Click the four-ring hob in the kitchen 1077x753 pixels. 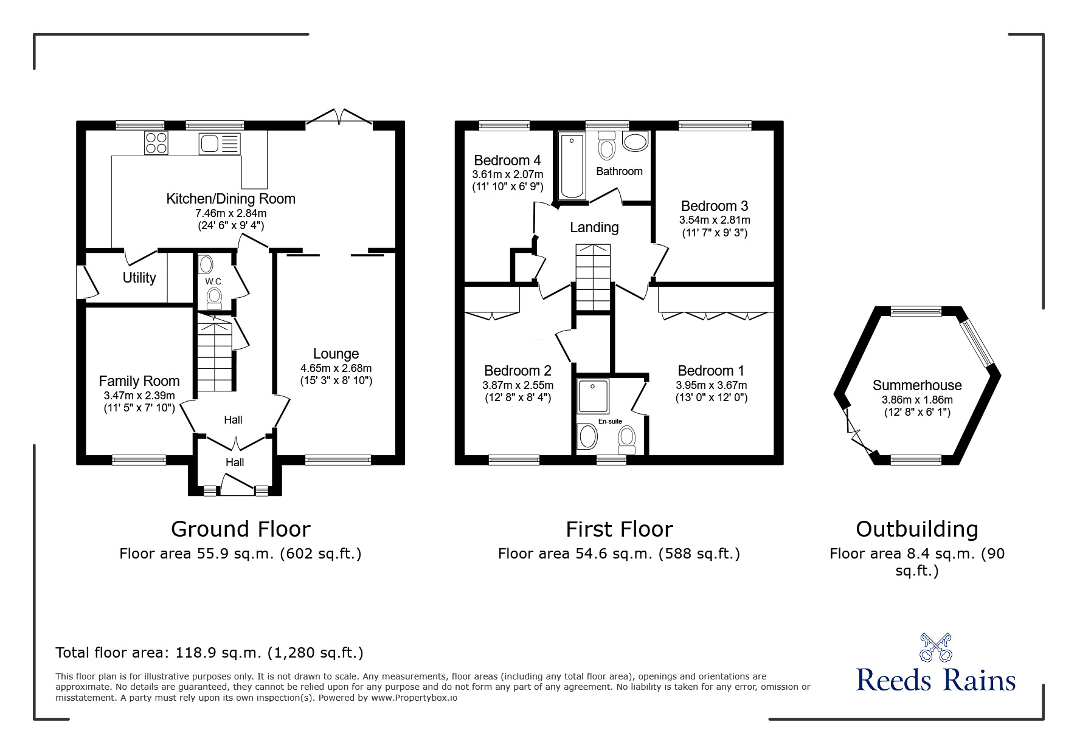point(156,143)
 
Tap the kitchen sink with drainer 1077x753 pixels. point(220,144)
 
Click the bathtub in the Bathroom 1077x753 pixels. point(572,166)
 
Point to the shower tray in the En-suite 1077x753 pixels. point(593,396)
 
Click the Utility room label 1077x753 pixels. point(139,278)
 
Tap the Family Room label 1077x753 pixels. point(139,381)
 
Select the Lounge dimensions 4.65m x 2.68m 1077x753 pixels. point(336,368)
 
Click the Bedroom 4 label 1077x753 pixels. point(507,160)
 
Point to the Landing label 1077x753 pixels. point(594,227)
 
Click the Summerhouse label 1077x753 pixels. point(917,385)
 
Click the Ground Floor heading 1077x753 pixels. point(241,529)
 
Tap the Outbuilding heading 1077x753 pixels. point(917,529)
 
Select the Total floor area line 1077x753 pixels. point(209,653)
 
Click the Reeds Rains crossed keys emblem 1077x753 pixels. point(936,647)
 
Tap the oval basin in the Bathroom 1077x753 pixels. point(636,143)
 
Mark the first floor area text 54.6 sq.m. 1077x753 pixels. point(619,554)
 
